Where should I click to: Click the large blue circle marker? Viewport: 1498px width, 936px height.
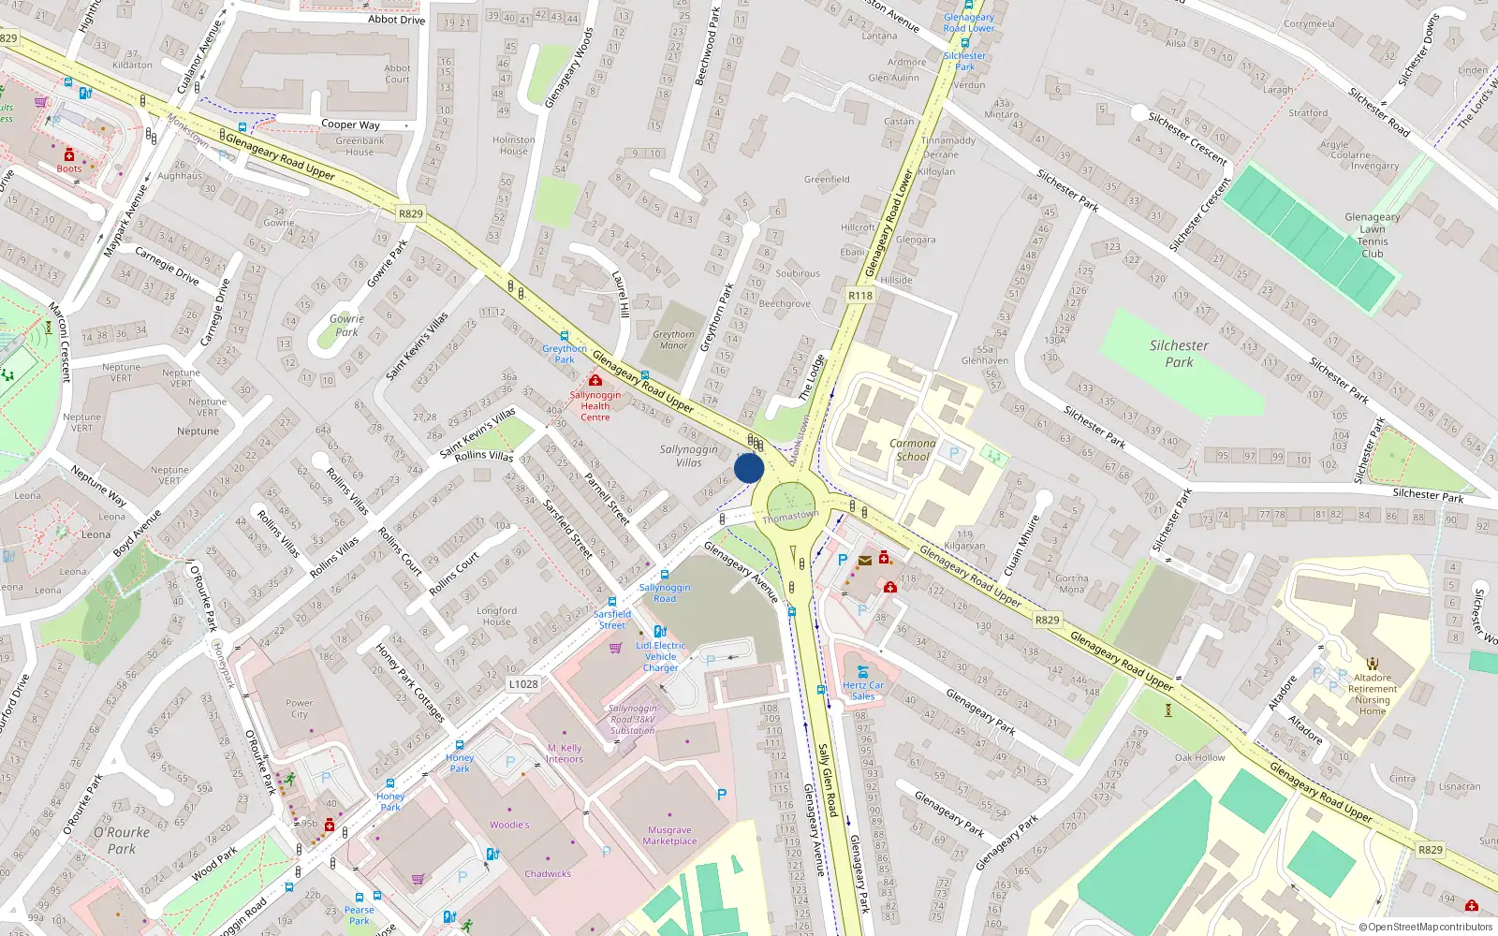[749, 469]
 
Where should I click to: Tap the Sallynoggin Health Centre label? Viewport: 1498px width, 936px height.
[595, 406]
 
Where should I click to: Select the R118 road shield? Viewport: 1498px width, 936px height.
[859, 296]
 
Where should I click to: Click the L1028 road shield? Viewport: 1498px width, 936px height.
[523, 684]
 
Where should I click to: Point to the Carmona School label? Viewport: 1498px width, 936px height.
[914, 450]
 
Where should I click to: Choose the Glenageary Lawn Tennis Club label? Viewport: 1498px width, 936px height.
[1373, 235]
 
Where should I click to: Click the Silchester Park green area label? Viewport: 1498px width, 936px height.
[1179, 354]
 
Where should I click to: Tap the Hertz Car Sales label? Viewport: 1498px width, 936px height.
[863, 691]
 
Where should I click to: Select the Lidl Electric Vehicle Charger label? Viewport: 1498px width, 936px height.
[661, 656]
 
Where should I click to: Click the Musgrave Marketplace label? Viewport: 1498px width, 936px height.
[670, 835]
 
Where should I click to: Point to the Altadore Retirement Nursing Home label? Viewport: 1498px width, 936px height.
[1373, 694]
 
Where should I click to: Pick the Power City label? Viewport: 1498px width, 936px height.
[300, 709]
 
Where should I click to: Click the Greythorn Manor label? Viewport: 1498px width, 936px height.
[674, 340]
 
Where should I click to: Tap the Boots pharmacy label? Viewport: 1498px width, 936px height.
[68, 168]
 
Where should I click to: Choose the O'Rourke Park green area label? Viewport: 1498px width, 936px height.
[121, 841]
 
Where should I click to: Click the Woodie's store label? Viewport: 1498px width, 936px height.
[509, 825]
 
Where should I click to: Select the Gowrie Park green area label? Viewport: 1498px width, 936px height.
[346, 325]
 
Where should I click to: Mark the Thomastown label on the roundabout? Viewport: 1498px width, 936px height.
[790, 517]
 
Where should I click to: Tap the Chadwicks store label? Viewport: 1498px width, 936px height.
[548, 873]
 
